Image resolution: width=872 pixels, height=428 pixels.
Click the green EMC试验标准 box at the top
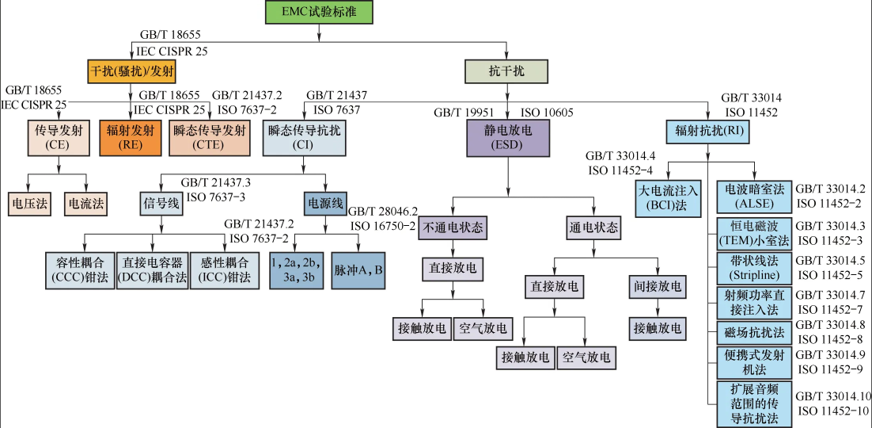pos(318,13)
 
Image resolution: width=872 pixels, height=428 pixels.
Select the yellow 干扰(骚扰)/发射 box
pos(132,71)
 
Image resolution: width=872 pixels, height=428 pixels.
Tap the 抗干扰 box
pos(506,71)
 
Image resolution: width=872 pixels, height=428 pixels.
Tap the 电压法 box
pos(28,203)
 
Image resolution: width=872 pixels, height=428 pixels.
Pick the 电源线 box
pos(324,203)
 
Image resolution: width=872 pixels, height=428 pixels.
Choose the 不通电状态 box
pos(452,228)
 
